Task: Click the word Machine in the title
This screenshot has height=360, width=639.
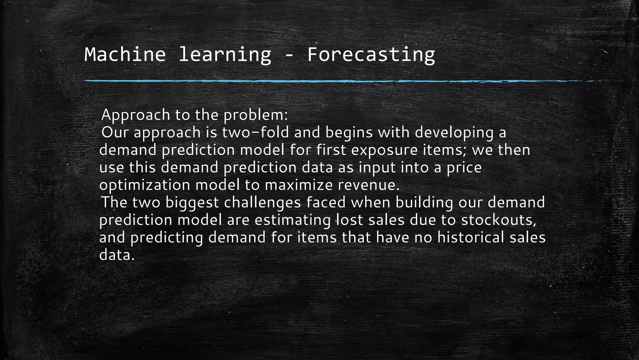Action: (x=125, y=54)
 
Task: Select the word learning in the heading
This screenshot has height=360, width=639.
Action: (x=225, y=54)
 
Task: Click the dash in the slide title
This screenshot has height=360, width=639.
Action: (x=289, y=56)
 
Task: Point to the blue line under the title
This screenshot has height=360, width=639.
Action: (x=312, y=81)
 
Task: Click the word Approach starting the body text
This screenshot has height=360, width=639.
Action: (x=136, y=115)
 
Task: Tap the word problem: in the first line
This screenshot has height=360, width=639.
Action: (x=255, y=115)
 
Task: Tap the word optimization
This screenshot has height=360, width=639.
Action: (x=144, y=185)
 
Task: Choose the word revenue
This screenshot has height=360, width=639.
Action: (x=368, y=185)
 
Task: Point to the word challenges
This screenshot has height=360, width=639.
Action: (x=262, y=202)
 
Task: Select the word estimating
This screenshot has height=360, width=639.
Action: (x=292, y=220)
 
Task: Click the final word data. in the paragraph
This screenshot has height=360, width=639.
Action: (x=117, y=255)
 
